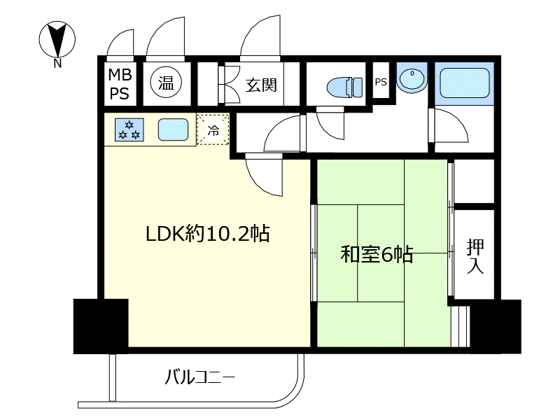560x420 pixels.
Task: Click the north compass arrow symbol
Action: (x=57, y=39)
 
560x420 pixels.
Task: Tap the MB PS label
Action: (x=120, y=84)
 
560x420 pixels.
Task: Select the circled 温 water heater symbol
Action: (x=166, y=83)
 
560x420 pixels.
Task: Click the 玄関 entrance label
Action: (x=261, y=85)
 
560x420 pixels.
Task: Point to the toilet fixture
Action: (x=344, y=87)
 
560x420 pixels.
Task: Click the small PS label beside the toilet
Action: (x=381, y=82)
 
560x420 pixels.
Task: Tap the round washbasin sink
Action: (x=412, y=78)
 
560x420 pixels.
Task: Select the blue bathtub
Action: (x=464, y=83)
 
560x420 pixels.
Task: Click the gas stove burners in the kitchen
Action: (x=129, y=129)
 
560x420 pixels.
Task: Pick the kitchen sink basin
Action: (x=173, y=129)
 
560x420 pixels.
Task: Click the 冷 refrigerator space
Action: (x=213, y=129)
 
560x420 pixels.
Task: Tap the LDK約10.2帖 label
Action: (x=207, y=234)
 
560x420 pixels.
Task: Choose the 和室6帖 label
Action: (x=377, y=255)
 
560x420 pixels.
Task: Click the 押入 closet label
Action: (x=475, y=256)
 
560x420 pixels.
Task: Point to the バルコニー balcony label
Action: (x=200, y=377)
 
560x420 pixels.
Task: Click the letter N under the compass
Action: (x=57, y=64)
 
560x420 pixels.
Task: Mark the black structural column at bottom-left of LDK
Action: (x=101, y=326)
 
